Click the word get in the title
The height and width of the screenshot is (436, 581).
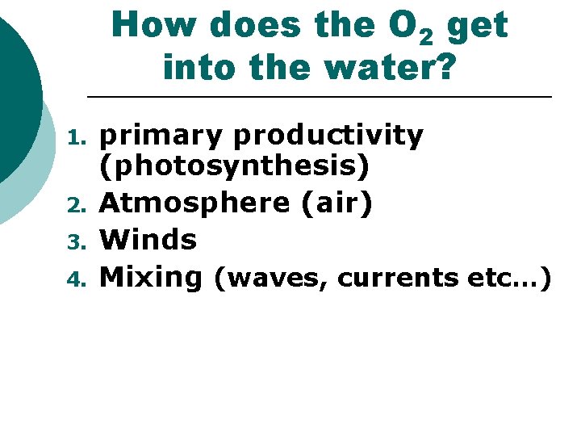pyautogui.click(x=476, y=27)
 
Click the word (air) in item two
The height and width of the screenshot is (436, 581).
pyautogui.click(x=336, y=203)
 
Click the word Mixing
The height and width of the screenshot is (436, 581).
pyautogui.click(x=150, y=278)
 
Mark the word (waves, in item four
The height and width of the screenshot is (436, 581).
pyautogui.click(x=270, y=279)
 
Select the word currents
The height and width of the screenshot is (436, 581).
pyautogui.click(x=399, y=279)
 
